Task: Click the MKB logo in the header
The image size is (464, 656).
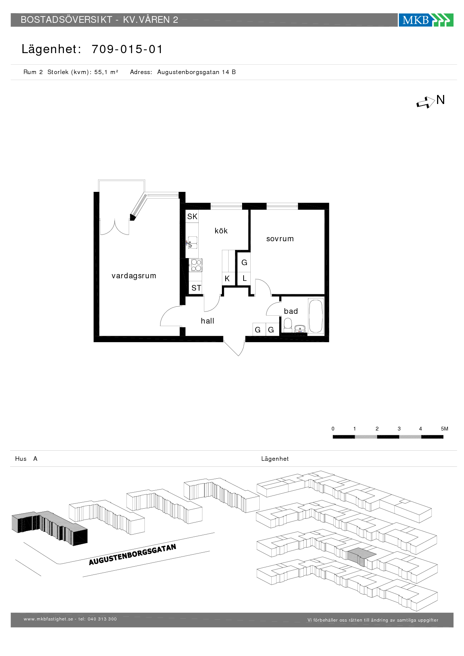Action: coord(426,20)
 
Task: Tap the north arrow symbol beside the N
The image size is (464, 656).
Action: coord(425,102)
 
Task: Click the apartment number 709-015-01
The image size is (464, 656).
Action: coord(127,49)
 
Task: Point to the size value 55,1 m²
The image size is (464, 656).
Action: coord(106,72)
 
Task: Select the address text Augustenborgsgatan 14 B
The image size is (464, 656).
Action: coord(196,72)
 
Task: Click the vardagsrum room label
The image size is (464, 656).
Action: coord(134,276)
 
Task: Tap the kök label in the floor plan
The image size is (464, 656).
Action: coord(221,231)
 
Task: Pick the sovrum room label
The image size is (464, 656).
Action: coord(280,239)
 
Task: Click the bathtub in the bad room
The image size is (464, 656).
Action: coord(316,316)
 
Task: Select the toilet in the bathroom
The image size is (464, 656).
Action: coord(288,325)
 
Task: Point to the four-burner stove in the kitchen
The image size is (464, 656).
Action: coord(196,265)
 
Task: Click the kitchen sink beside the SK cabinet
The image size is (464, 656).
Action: coord(192,242)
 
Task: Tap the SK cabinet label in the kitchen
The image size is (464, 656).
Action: coord(192,217)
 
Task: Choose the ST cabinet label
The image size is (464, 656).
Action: coord(196,288)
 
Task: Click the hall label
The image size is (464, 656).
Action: coord(207,321)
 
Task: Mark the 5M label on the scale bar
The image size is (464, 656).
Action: coord(445,429)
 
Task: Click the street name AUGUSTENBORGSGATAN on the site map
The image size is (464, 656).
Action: coord(132,555)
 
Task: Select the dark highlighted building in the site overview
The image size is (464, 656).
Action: coord(49,528)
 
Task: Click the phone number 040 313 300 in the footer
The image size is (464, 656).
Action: coord(102,619)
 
